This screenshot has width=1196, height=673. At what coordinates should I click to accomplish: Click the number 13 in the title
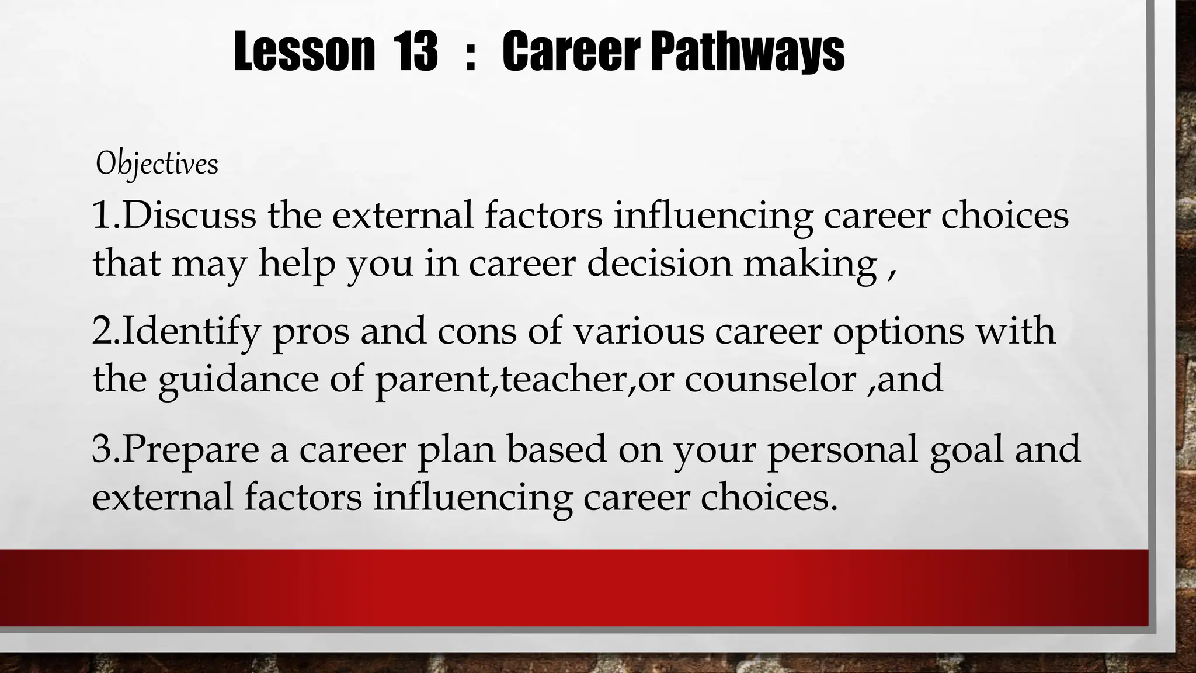pyautogui.click(x=415, y=52)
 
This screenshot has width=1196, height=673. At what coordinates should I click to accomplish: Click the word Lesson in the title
pyautogui.click(x=304, y=52)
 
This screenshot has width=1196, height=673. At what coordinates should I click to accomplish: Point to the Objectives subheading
pyautogui.click(x=157, y=164)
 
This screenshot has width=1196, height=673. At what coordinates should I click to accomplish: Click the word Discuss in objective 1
pyautogui.click(x=189, y=215)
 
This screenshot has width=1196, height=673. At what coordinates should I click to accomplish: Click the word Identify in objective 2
pyautogui.click(x=190, y=331)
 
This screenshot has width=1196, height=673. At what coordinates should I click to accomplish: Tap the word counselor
pyautogui.click(x=770, y=379)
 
